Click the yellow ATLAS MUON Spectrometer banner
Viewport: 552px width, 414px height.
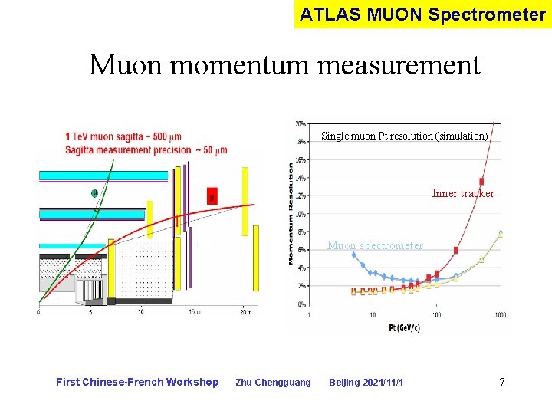coord(422,14)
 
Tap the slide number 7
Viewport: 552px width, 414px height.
coord(502,382)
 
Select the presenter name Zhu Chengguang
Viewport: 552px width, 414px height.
coord(273,383)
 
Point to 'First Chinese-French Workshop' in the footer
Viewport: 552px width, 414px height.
coord(137,383)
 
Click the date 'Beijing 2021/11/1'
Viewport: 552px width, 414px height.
coord(366,383)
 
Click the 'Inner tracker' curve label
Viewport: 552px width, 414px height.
coord(463,193)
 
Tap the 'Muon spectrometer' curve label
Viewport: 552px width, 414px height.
coord(375,245)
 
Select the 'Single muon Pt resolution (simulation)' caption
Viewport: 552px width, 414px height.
coord(404,136)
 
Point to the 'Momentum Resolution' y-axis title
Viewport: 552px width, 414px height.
coord(291,213)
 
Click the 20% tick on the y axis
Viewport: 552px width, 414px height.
coord(301,123)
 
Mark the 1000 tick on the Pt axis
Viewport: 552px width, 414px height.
coord(501,315)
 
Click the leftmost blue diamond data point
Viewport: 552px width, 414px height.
coord(353,255)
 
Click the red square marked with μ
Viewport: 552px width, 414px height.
coord(212,196)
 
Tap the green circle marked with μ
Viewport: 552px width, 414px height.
coord(94,193)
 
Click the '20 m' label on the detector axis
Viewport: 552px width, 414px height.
coord(245,311)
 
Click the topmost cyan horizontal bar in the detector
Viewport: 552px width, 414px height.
coord(103,176)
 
